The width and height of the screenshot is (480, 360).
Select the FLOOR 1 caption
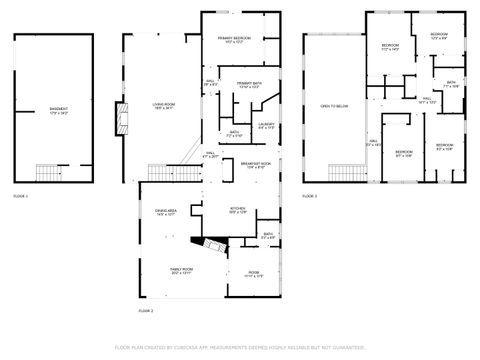(x=21, y=195)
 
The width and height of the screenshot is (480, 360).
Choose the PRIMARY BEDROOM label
(x=234, y=40)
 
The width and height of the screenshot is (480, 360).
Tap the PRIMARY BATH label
(x=249, y=85)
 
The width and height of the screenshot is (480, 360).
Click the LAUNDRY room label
(x=266, y=126)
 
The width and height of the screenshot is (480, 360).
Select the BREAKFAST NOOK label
(x=254, y=165)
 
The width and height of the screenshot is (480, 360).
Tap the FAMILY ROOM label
(x=181, y=271)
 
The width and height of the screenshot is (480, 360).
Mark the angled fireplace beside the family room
(x=211, y=247)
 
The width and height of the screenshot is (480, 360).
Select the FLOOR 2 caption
(x=146, y=311)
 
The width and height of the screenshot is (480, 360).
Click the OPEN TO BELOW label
(x=333, y=105)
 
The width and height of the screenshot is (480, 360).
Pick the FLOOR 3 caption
(x=309, y=195)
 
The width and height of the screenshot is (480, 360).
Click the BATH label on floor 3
(x=451, y=84)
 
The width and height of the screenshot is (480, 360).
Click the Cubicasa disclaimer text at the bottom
(x=240, y=347)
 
